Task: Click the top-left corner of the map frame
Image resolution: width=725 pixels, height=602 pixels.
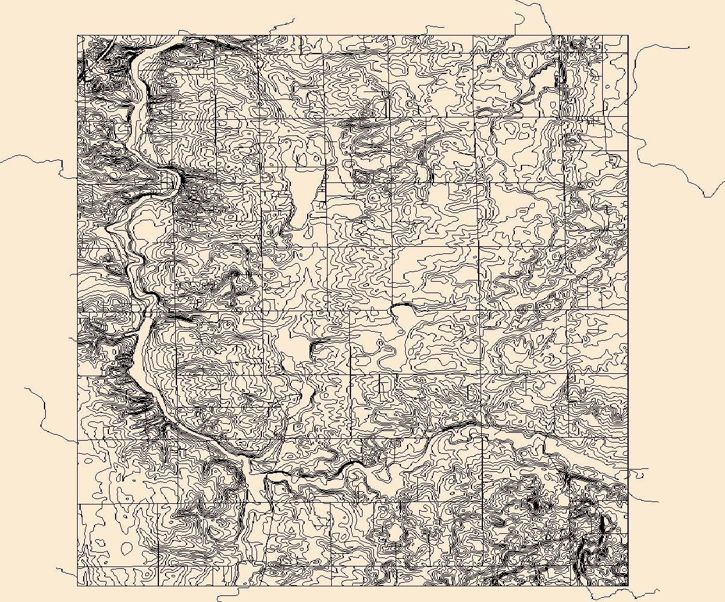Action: click(x=78, y=36)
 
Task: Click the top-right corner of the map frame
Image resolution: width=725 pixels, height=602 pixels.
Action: click(x=628, y=36)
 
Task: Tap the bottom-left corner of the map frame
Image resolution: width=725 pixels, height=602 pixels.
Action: click(x=78, y=585)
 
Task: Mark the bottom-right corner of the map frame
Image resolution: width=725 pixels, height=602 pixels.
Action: click(x=628, y=585)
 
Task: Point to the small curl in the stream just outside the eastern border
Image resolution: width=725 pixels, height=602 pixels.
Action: click(x=635, y=474)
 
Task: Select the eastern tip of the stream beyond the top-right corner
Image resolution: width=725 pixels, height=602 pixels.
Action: click(x=688, y=48)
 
